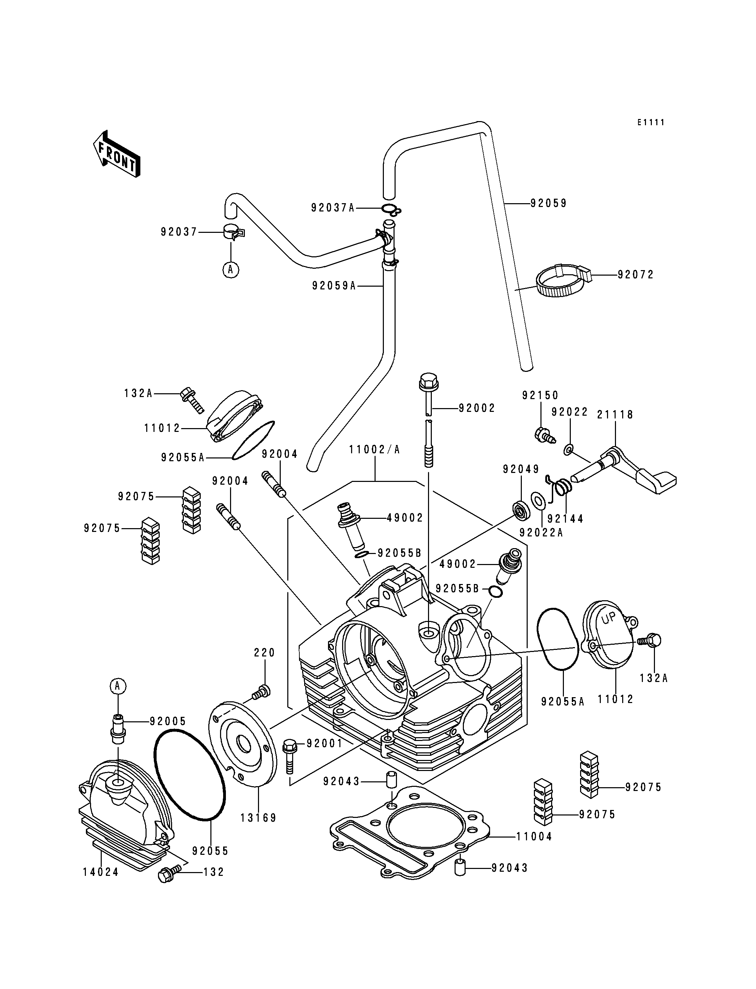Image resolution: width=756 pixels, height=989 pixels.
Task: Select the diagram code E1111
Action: pos(651,122)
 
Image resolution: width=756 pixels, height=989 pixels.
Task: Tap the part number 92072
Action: pos(635,275)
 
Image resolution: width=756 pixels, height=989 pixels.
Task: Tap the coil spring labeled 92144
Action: pos(563,487)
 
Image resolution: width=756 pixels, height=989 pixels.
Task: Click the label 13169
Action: pos(258,818)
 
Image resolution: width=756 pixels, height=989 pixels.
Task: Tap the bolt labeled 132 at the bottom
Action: pos(166,876)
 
